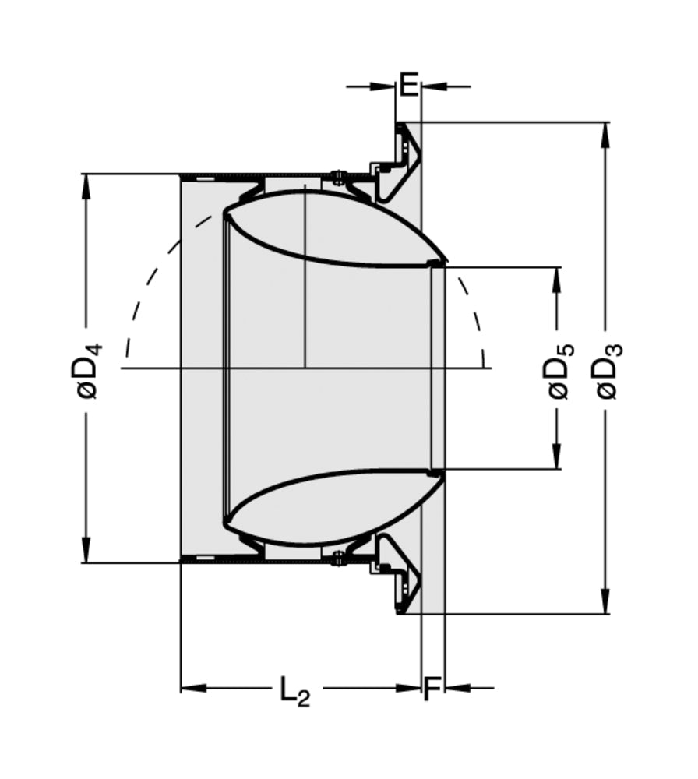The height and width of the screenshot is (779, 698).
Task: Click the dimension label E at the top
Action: (408, 84)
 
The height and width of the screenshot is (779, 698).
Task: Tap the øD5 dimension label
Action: (560, 368)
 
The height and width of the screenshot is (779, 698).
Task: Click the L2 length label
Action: (294, 690)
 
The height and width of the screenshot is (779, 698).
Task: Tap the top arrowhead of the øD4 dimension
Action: (86, 185)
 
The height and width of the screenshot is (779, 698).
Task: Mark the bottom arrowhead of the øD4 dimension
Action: (86, 550)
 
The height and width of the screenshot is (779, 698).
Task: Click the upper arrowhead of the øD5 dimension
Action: (557, 280)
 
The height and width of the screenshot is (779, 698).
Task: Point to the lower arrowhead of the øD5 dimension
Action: (557, 457)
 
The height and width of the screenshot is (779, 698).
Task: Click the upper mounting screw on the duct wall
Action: (338, 178)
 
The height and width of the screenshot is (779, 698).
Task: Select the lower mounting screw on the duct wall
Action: (338, 558)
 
